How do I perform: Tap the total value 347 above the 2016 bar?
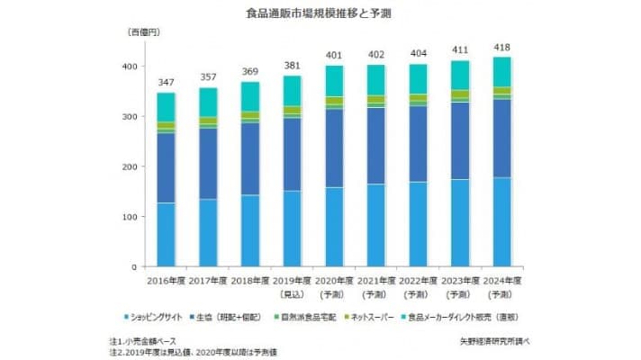167,82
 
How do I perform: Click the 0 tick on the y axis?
134,267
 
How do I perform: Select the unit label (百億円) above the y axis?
147,32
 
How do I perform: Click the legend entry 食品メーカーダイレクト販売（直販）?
465,317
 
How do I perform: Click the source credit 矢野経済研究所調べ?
495,342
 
